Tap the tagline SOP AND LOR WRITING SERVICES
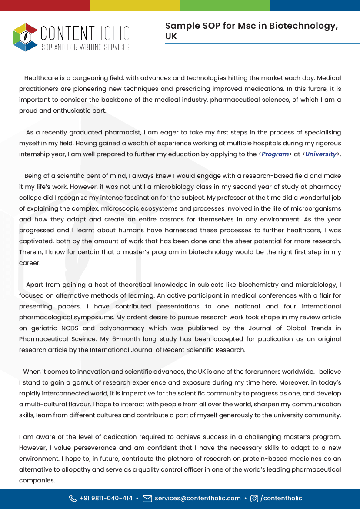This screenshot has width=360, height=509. pos(85,47)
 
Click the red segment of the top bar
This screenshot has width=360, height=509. pos(45,5)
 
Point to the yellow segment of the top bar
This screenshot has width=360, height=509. pos(135,5)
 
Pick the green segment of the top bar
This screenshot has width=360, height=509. pos(225,5)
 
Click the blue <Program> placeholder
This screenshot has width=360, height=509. pos(275,154)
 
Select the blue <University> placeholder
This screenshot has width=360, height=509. pos(320,154)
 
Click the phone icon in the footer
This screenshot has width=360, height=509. pos(73,498)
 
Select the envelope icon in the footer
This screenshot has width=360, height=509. pos(147,498)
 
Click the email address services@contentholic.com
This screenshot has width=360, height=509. pos(198,498)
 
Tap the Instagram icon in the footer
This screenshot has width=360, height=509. pos(254,498)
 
